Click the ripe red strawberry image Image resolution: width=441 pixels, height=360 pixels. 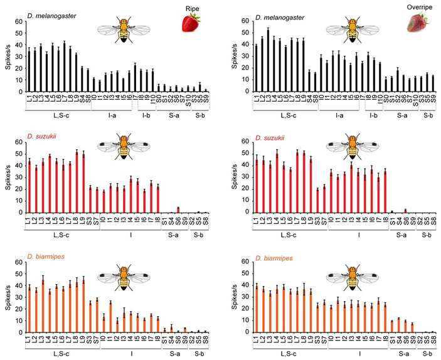[191, 23]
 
